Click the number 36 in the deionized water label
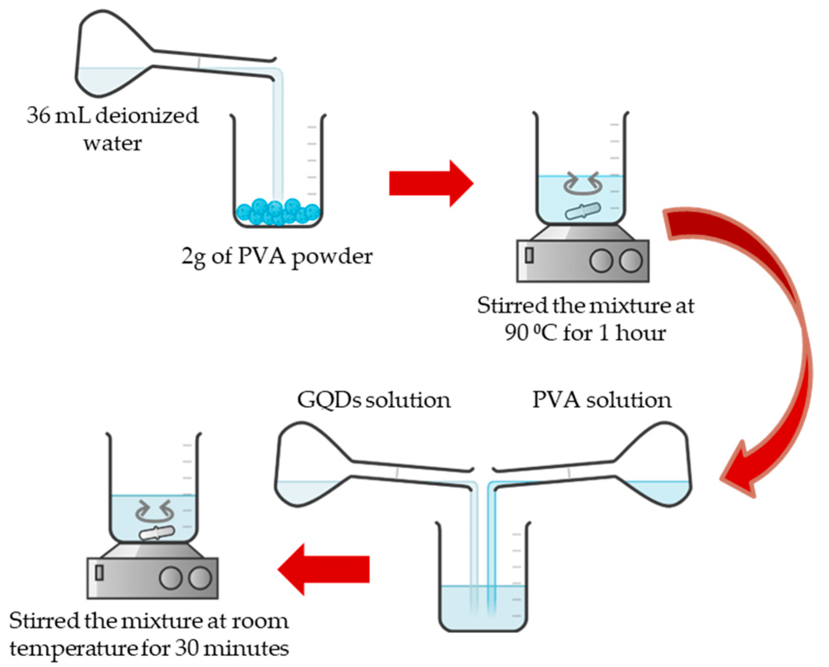[x=38, y=115]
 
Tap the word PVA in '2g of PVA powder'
[x=261, y=256]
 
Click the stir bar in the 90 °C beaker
[x=583, y=211]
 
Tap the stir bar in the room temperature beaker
[x=157, y=533]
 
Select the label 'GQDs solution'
[x=373, y=400]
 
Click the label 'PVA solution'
[x=602, y=400]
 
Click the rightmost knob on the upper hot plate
[x=631, y=260]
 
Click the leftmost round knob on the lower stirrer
[x=170, y=578]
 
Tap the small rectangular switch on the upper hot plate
[x=529, y=255]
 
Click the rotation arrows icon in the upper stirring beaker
[x=583, y=184]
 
